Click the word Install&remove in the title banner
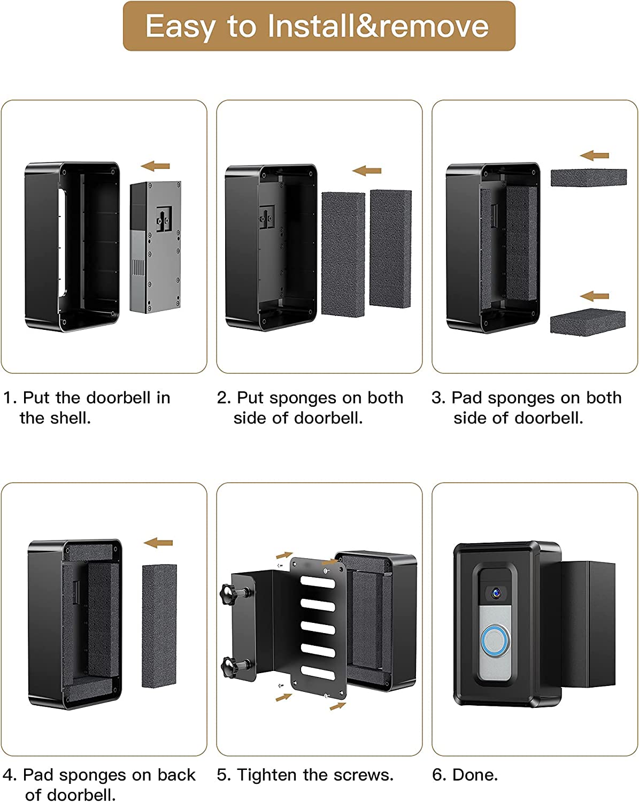point(378,26)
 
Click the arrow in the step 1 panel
point(155,166)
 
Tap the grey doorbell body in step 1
point(156,247)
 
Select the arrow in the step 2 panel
point(367,171)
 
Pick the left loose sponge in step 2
point(343,255)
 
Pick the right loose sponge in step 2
point(390,249)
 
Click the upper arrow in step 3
point(595,156)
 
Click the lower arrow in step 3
point(595,296)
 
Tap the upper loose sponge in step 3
point(589,178)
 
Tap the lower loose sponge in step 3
point(588,322)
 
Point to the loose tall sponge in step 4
point(159,626)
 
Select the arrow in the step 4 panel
point(158,543)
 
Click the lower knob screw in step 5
point(234,666)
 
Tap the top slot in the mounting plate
point(318,582)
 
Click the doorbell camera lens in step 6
point(496,592)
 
